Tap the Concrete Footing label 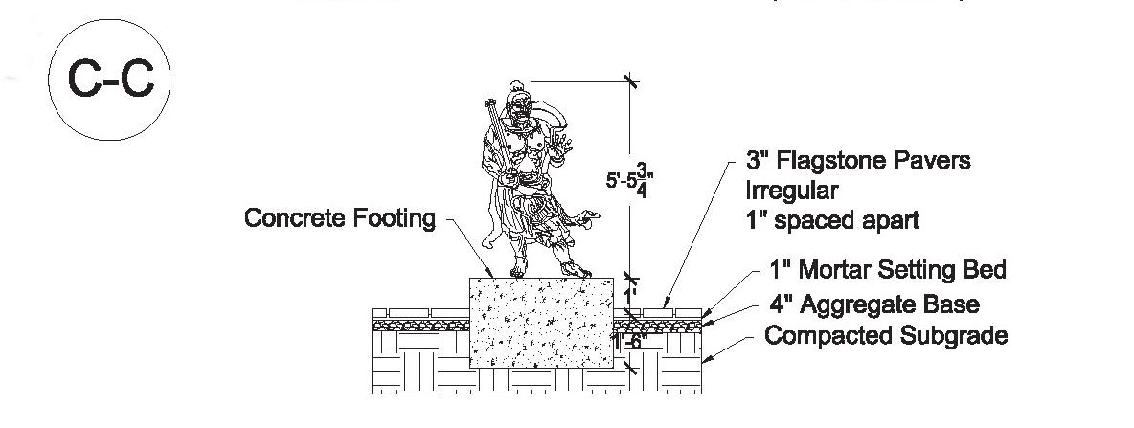click(x=340, y=218)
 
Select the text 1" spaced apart click(x=832, y=220)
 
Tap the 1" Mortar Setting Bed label click(x=888, y=270)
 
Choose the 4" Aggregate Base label click(x=874, y=304)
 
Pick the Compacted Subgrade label click(x=887, y=337)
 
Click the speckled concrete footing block click(x=541, y=324)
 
